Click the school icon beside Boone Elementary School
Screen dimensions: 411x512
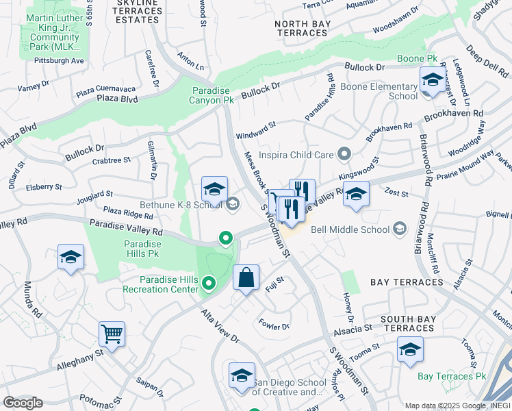pyautogui.click(x=431, y=80)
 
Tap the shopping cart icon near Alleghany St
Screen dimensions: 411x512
pyautogui.click(x=112, y=334)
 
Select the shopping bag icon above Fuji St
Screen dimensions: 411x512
pyautogui.click(x=246, y=278)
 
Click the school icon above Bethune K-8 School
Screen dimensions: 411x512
pyautogui.click(x=214, y=190)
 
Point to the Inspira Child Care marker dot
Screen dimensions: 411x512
pyautogui.click(x=344, y=155)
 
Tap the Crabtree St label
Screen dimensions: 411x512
pyautogui.click(x=111, y=161)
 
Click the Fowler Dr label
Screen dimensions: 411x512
pyautogui.click(x=274, y=327)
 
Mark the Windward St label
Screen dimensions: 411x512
pyautogui.click(x=255, y=125)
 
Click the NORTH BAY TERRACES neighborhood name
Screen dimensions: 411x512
pyautogui.click(x=302, y=28)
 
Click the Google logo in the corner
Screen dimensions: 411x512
pyautogui.click(x=23, y=403)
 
